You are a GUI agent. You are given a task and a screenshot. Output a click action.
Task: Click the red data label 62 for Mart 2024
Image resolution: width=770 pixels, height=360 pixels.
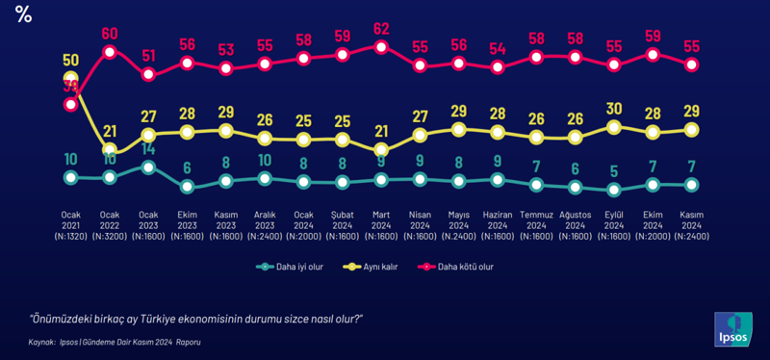381,28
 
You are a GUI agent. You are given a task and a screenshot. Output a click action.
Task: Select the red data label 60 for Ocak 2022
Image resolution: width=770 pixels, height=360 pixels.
109,34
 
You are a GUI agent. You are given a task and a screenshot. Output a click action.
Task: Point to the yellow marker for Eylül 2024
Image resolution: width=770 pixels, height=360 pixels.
614,126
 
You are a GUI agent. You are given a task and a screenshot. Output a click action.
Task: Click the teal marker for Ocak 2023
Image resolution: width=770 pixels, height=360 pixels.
148,167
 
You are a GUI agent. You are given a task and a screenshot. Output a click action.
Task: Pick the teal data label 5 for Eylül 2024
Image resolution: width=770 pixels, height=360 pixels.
614,171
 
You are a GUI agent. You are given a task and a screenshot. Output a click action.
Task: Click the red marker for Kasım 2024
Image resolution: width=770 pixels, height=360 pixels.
691,64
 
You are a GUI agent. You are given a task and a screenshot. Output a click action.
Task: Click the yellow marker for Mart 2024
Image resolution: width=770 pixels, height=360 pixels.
381,149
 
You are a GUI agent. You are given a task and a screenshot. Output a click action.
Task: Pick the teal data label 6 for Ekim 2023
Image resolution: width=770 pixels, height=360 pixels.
187,167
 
